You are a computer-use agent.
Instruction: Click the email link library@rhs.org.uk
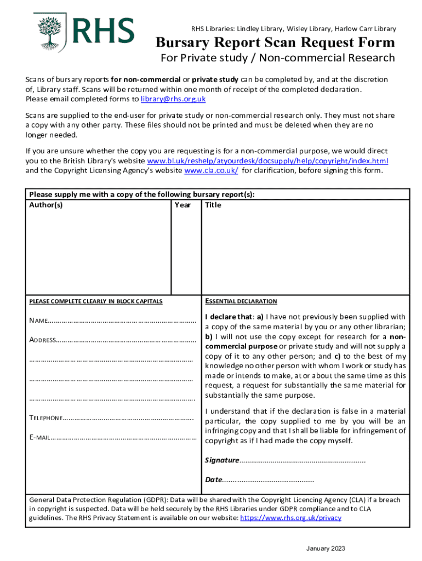[173, 99]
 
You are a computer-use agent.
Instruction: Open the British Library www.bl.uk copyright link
[267, 161]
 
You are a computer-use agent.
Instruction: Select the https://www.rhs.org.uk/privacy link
[290, 518]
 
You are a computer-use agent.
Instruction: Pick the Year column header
[183, 205]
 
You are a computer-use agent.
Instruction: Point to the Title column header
[213, 205]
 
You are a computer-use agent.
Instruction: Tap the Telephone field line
[129, 419]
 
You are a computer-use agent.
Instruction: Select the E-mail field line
[123, 438]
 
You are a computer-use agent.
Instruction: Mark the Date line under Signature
[268, 480]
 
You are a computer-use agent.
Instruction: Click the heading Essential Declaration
[241, 301]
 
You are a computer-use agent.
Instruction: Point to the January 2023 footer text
[326, 549]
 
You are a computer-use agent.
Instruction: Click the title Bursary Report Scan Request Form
[275, 42]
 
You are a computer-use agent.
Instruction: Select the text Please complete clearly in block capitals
[95, 302]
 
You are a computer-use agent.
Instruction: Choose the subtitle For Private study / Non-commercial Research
[277, 58]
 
